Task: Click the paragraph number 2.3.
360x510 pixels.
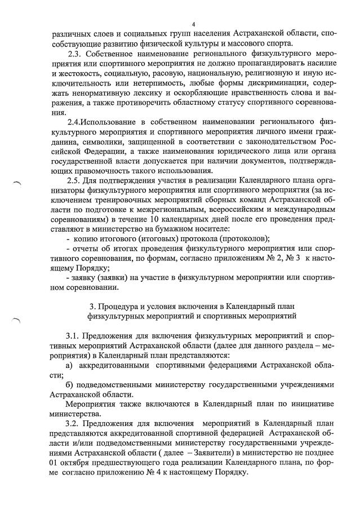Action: [x=75, y=54]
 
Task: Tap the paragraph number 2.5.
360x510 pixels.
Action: [x=75, y=180]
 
